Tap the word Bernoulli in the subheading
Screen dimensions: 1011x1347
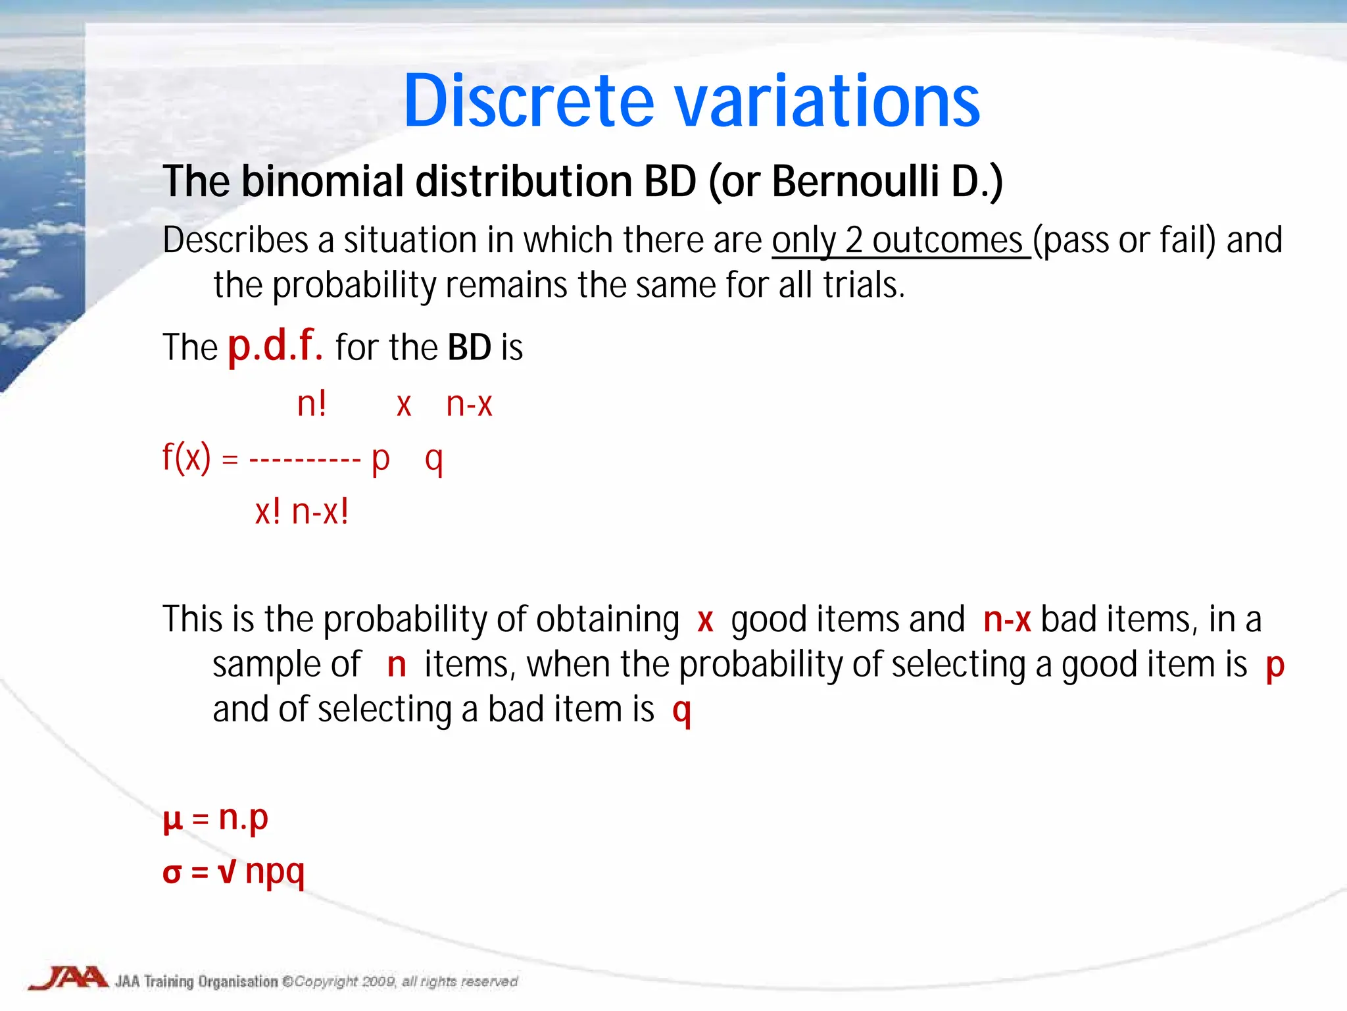coord(856,182)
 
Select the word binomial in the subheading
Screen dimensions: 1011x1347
coord(322,182)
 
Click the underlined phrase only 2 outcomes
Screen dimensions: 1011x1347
coord(900,241)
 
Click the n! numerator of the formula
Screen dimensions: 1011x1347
coord(312,403)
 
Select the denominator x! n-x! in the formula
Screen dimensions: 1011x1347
coord(302,511)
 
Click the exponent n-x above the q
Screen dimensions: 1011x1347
coord(469,403)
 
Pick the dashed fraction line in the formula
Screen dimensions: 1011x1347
coord(305,459)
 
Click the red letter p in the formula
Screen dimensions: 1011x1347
coord(381,459)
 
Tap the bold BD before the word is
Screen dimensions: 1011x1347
coord(469,348)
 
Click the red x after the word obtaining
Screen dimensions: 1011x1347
coord(705,621)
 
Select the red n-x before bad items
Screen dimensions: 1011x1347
coord(1006,619)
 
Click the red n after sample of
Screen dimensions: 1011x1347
coord(397,665)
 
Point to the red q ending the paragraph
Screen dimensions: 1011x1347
coord(682,711)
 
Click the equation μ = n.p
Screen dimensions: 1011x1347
coord(216,818)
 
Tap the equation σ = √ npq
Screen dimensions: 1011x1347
coord(233,872)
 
